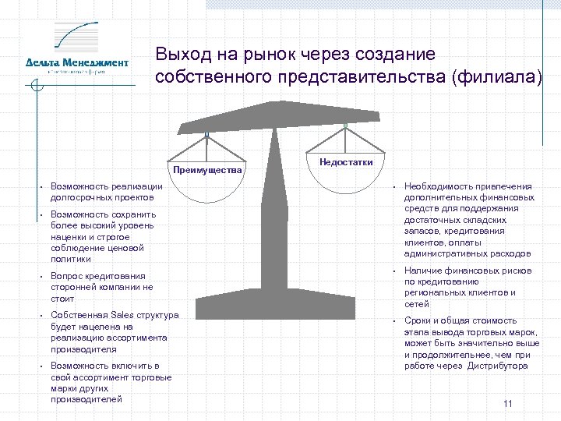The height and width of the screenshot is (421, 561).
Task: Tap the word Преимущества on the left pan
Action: coord(208,169)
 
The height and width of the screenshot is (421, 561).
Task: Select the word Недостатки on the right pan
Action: coord(346,161)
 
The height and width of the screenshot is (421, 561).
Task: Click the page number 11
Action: coord(507,403)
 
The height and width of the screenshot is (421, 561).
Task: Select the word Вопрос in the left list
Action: coord(65,276)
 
